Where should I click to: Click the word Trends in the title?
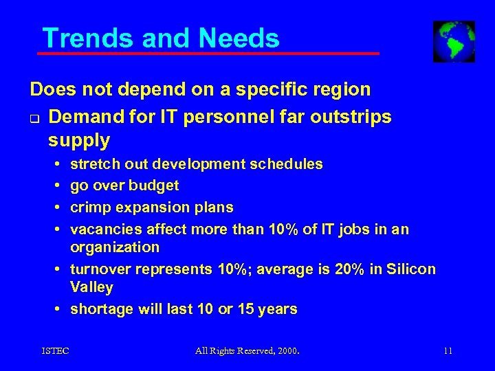tap(81, 38)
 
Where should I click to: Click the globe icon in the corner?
tap(454, 41)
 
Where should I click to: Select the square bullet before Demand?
tap(33, 118)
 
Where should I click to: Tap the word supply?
tap(79, 141)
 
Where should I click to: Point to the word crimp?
tap(90, 207)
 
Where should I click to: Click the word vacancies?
tap(104, 229)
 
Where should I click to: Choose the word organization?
tap(115, 247)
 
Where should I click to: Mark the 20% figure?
tap(331, 269)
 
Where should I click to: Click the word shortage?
tap(100, 309)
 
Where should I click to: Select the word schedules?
tap(289, 164)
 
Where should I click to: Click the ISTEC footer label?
tap(55, 352)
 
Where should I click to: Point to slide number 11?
tap(448, 352)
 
